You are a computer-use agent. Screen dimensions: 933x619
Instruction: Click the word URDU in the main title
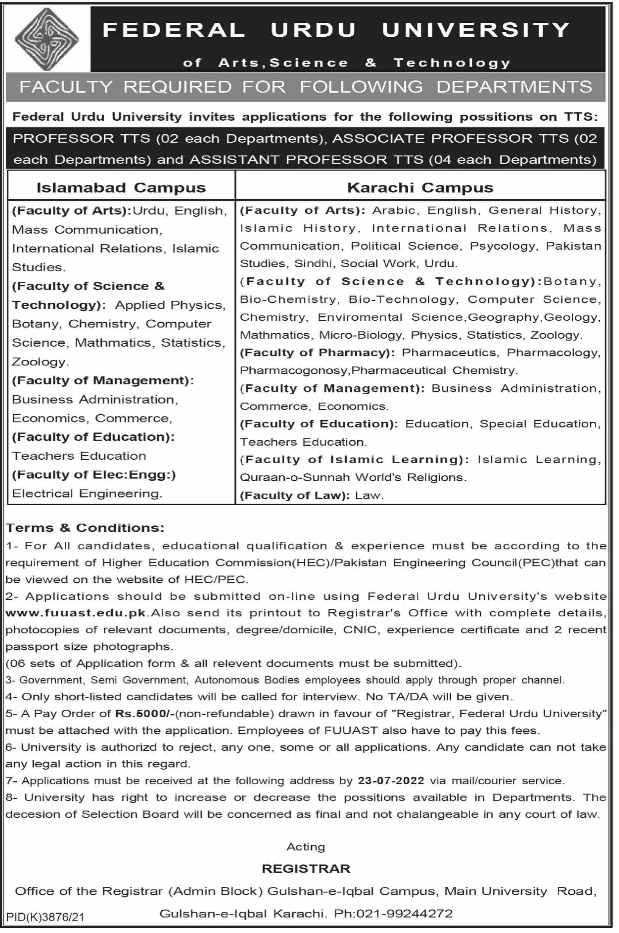(313, 30)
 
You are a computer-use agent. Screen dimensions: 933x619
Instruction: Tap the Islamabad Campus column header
(121, 187)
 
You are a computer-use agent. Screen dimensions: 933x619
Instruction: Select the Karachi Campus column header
(420, 187)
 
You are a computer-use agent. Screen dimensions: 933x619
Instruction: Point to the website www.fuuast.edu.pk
(76, 613)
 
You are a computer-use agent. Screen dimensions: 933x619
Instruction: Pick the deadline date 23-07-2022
(391, 780)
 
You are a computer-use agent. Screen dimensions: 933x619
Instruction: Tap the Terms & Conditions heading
(85, 527)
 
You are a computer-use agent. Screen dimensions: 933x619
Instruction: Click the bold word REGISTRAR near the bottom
(306, 868)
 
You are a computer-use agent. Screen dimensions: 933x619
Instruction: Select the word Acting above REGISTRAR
(306, 847)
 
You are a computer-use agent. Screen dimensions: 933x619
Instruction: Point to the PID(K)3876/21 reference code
(45, 917)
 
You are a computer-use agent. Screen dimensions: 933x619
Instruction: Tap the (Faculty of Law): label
(295, 495)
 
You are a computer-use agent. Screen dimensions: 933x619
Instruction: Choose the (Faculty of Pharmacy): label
(317, 352)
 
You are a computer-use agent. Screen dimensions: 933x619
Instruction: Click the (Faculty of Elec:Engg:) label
(94, 474)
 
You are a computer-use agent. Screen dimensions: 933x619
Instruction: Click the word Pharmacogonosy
(294, 370)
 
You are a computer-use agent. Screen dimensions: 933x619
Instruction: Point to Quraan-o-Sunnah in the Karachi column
(295, 477)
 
